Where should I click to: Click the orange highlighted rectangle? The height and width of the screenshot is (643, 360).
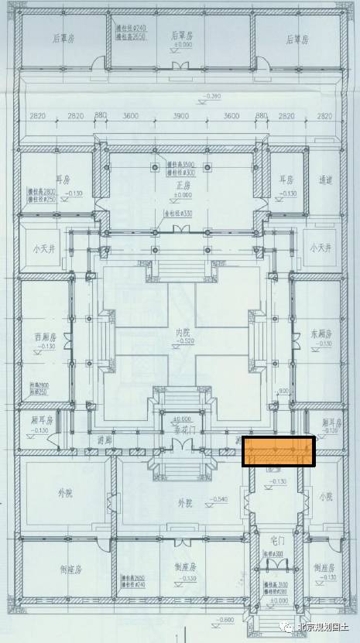(279, 452)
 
